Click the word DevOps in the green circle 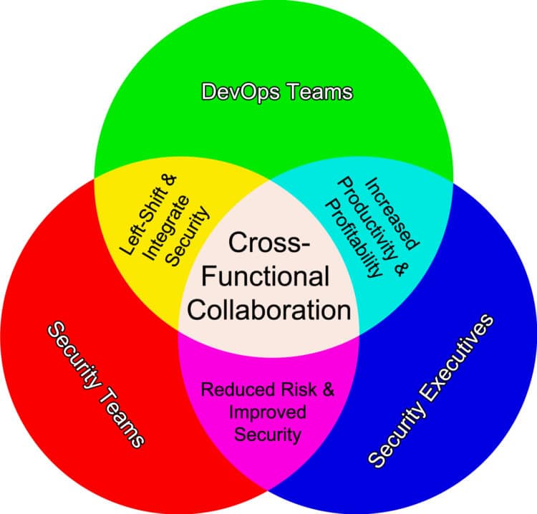[232, 92]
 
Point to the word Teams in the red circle [124, 414]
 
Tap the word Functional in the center [269, 277]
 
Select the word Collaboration [269, 310]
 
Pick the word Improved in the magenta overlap [268, 412]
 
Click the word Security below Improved [268, 434]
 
